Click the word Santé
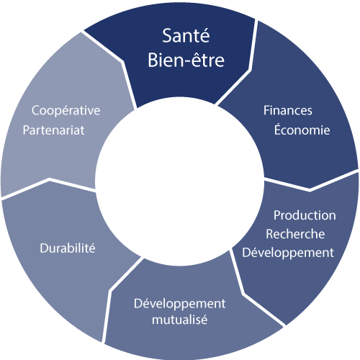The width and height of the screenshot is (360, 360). [x=186, y=36]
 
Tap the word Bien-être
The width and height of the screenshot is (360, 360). [x=186, y=60]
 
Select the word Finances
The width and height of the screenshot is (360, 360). [x=288, y=110]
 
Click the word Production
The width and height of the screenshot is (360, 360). [x=305, y=215]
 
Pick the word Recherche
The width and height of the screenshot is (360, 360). [x=295, y=234]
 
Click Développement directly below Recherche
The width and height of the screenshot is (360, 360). [x=288, y=253]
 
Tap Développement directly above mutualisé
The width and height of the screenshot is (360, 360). [x=179, y=304]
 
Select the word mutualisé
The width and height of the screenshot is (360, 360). [x=179, y=320]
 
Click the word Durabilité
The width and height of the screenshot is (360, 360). [x=68, y=248]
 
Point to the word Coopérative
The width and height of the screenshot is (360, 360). [x=66, y=111]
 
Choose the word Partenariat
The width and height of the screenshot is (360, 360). [x=53, y=130]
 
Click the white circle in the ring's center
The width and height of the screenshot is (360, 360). [x=179, y=181]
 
